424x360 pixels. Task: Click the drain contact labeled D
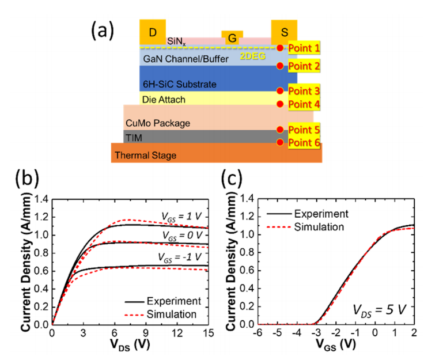[x=153, y=32]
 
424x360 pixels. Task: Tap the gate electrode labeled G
[x=232, y=37]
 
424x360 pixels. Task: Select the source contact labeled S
[x=284, y=32]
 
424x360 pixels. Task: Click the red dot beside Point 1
[x=280, y=48]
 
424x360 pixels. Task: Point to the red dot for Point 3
[x=280, y=91]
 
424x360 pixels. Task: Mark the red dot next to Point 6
[x=280, y=142]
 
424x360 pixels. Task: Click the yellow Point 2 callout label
[x=304, y=66]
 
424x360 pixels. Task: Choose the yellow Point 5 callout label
[x=304, y=130]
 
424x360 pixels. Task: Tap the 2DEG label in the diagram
[x=252, y=56]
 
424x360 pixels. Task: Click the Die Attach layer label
[x=164, y=100]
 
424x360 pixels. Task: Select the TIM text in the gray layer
[x=134, y=138]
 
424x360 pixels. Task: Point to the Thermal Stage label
[x=146, y=156]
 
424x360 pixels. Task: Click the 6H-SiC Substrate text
[x=180, y=84]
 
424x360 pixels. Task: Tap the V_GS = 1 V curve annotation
[x=181, y=217]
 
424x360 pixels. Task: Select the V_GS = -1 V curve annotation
[x=180, y=257]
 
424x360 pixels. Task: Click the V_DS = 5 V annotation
[x=380, y=310]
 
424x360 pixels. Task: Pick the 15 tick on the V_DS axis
[x=209, y=333]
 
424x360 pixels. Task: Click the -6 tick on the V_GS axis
[x=258, y=333]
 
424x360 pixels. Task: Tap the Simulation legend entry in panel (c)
[x=305, y=227]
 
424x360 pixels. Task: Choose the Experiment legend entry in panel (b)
[x=163, y=301]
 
